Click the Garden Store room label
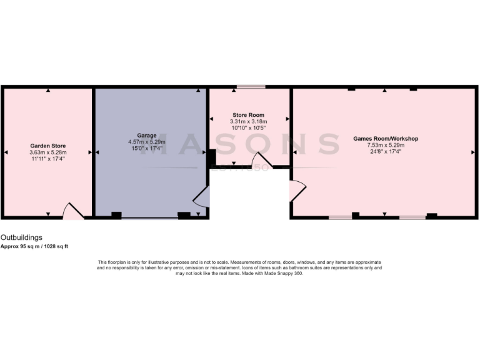(47, 145)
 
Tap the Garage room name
(147, 135)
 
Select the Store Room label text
(248, 115)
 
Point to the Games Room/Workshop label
(385, 138)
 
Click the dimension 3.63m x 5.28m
(47, 152)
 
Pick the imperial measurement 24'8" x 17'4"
(385, 151)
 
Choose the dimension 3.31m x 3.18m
(248, 121)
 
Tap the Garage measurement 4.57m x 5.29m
(147, 142)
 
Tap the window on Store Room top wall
(254, 87)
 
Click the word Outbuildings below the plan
(21, 238)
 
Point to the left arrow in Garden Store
(6, 152)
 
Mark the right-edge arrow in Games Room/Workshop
(472, 152)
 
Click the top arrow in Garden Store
(48, 91)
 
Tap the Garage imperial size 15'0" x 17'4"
(147, 149)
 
